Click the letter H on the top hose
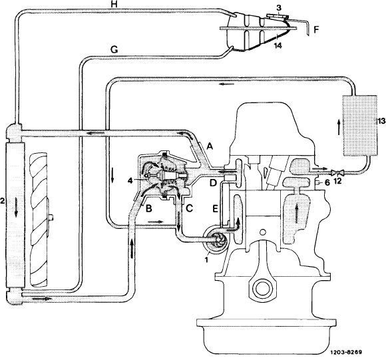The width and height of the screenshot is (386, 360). [114, 4]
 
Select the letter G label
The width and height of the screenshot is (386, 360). [114, 50]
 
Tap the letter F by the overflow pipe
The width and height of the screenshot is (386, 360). [316, 30]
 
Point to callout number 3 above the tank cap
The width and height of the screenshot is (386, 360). [278, 7]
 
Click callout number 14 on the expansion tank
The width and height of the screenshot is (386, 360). [278, 45]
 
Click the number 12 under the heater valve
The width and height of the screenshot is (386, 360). [338, 181]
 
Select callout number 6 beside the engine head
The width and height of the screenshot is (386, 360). [327, 182]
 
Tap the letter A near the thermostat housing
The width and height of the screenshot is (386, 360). [210, 146]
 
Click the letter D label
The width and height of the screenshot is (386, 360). [213, 183]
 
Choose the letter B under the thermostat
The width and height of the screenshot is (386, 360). [148, 209]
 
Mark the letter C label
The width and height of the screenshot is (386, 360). [189, 209]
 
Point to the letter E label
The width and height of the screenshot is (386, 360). [215, 209]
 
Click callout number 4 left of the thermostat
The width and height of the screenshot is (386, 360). [130, 181]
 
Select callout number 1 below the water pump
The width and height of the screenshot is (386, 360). [206, 260]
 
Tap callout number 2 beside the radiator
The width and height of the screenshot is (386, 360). [2, 201]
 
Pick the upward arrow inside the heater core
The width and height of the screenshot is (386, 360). [339, 126]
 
